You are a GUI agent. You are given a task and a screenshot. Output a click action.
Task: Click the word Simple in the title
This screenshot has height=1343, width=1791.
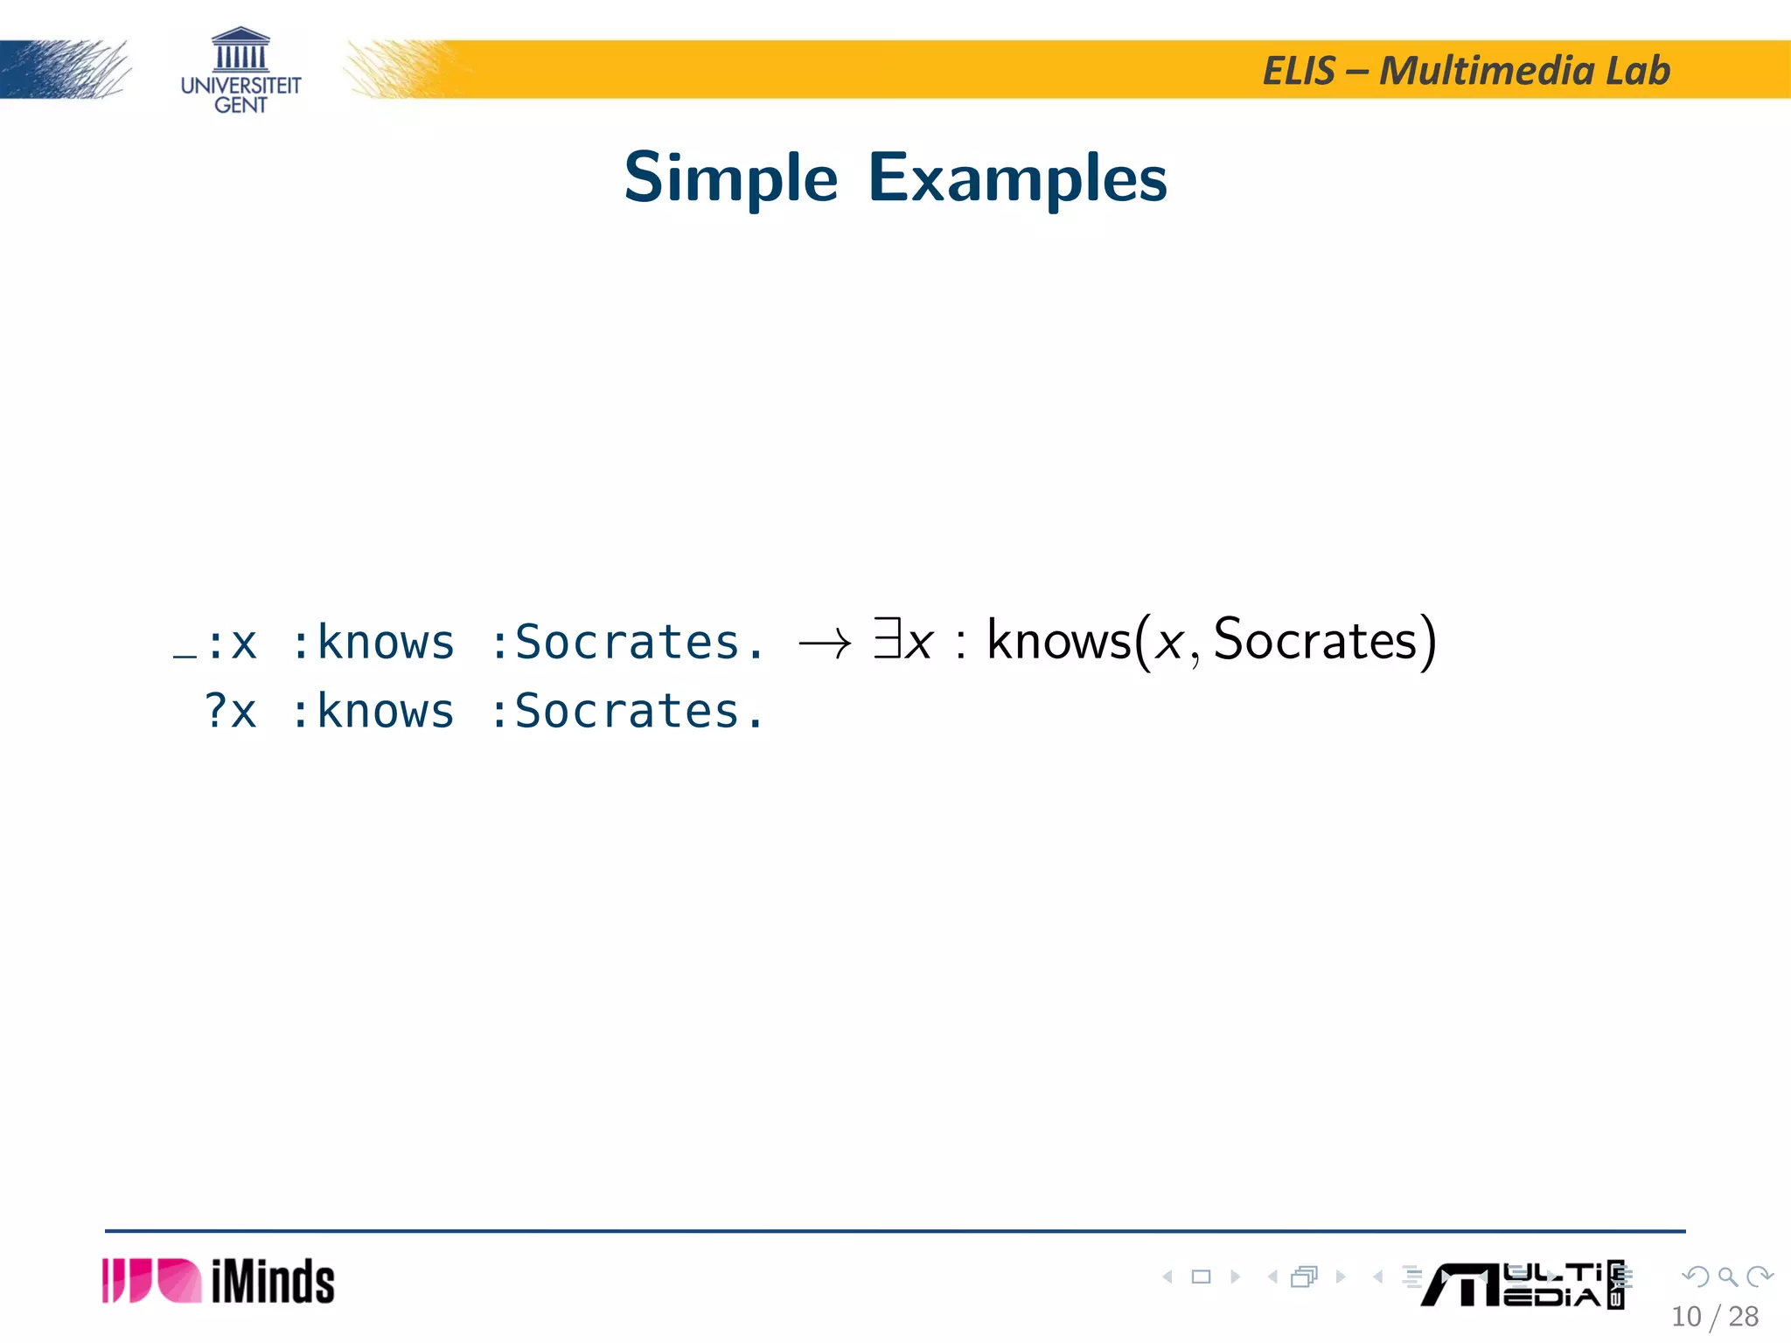pyautogui.click(x=730, y=178)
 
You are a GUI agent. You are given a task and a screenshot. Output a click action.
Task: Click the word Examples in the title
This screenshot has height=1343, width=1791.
pyautogui.click(x=1017, y=178)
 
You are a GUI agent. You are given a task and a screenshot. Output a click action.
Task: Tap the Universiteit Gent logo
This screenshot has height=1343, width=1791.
pyautogui.click(x=240, y=72)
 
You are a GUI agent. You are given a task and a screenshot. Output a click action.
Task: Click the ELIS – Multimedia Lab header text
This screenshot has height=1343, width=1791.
pyautogui.click(x=1466, y=71)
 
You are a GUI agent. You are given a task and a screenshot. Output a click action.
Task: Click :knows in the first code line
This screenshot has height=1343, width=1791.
pyautogui.click(x=373, y=643)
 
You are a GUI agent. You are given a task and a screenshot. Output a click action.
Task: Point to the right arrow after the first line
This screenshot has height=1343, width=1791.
pyautogui.click(x=824, y=645)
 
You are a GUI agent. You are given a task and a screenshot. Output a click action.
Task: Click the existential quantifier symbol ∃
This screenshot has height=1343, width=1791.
pyautogui.click(x=887, y=638)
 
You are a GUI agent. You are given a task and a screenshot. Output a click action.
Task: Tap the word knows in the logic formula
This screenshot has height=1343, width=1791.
pyautogui.click(x=1058, y=641)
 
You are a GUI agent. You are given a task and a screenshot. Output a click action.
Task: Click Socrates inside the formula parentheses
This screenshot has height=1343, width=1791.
pyautogui.click(x=1314, y=641)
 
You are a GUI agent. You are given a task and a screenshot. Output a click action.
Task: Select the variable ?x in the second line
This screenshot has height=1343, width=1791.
pyautogui.click(x=231, y=711)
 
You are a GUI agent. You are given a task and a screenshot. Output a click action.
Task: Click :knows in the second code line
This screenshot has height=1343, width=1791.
pyautogui.click(x=373, y=711)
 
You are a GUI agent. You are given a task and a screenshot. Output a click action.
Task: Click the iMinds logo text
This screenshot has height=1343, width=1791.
pyautogui.click(x=273, y=1282)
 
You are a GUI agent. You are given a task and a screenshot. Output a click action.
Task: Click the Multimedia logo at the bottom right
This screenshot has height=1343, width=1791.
pyautogui.click(x=1522, y=1284)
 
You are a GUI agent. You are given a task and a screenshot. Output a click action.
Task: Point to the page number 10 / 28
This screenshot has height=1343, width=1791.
pyautogui.click(x=1714, y=1317)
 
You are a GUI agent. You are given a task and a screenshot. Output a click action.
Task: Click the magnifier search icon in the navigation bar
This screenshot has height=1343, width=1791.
pyautogui.click(x=1727, y=1277)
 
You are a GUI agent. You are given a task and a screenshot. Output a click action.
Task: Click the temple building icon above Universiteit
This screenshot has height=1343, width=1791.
pyautogui.click(x=240, y=49)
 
